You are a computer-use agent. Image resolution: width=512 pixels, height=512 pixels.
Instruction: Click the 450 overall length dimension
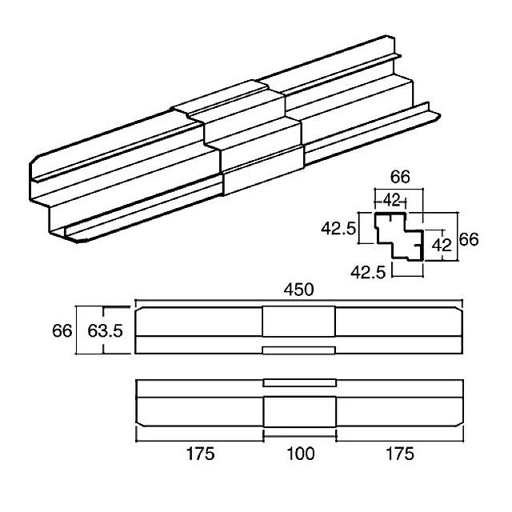(x=298, y=290)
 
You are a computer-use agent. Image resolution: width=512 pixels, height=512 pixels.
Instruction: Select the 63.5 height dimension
(x=105, y=330)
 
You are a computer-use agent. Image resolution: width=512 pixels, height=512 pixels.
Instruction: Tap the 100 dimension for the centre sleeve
(x=301, y=454)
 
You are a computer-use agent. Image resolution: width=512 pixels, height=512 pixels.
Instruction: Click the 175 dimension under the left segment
(x=200, y=454)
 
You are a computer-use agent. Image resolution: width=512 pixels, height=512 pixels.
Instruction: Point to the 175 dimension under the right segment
(x=400, y=454)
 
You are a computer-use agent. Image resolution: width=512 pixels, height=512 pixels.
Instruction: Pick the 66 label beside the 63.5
(x=62, y=330)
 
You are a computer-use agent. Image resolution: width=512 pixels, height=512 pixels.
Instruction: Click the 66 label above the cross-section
(x=400, y=177)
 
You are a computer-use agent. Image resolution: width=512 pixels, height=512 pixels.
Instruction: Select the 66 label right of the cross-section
(x=469, y=239)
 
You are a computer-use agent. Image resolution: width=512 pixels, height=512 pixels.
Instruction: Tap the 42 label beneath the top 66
(x=391, y=200)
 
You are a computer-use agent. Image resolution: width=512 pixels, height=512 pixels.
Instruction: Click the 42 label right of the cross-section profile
(x=442, y=246)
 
